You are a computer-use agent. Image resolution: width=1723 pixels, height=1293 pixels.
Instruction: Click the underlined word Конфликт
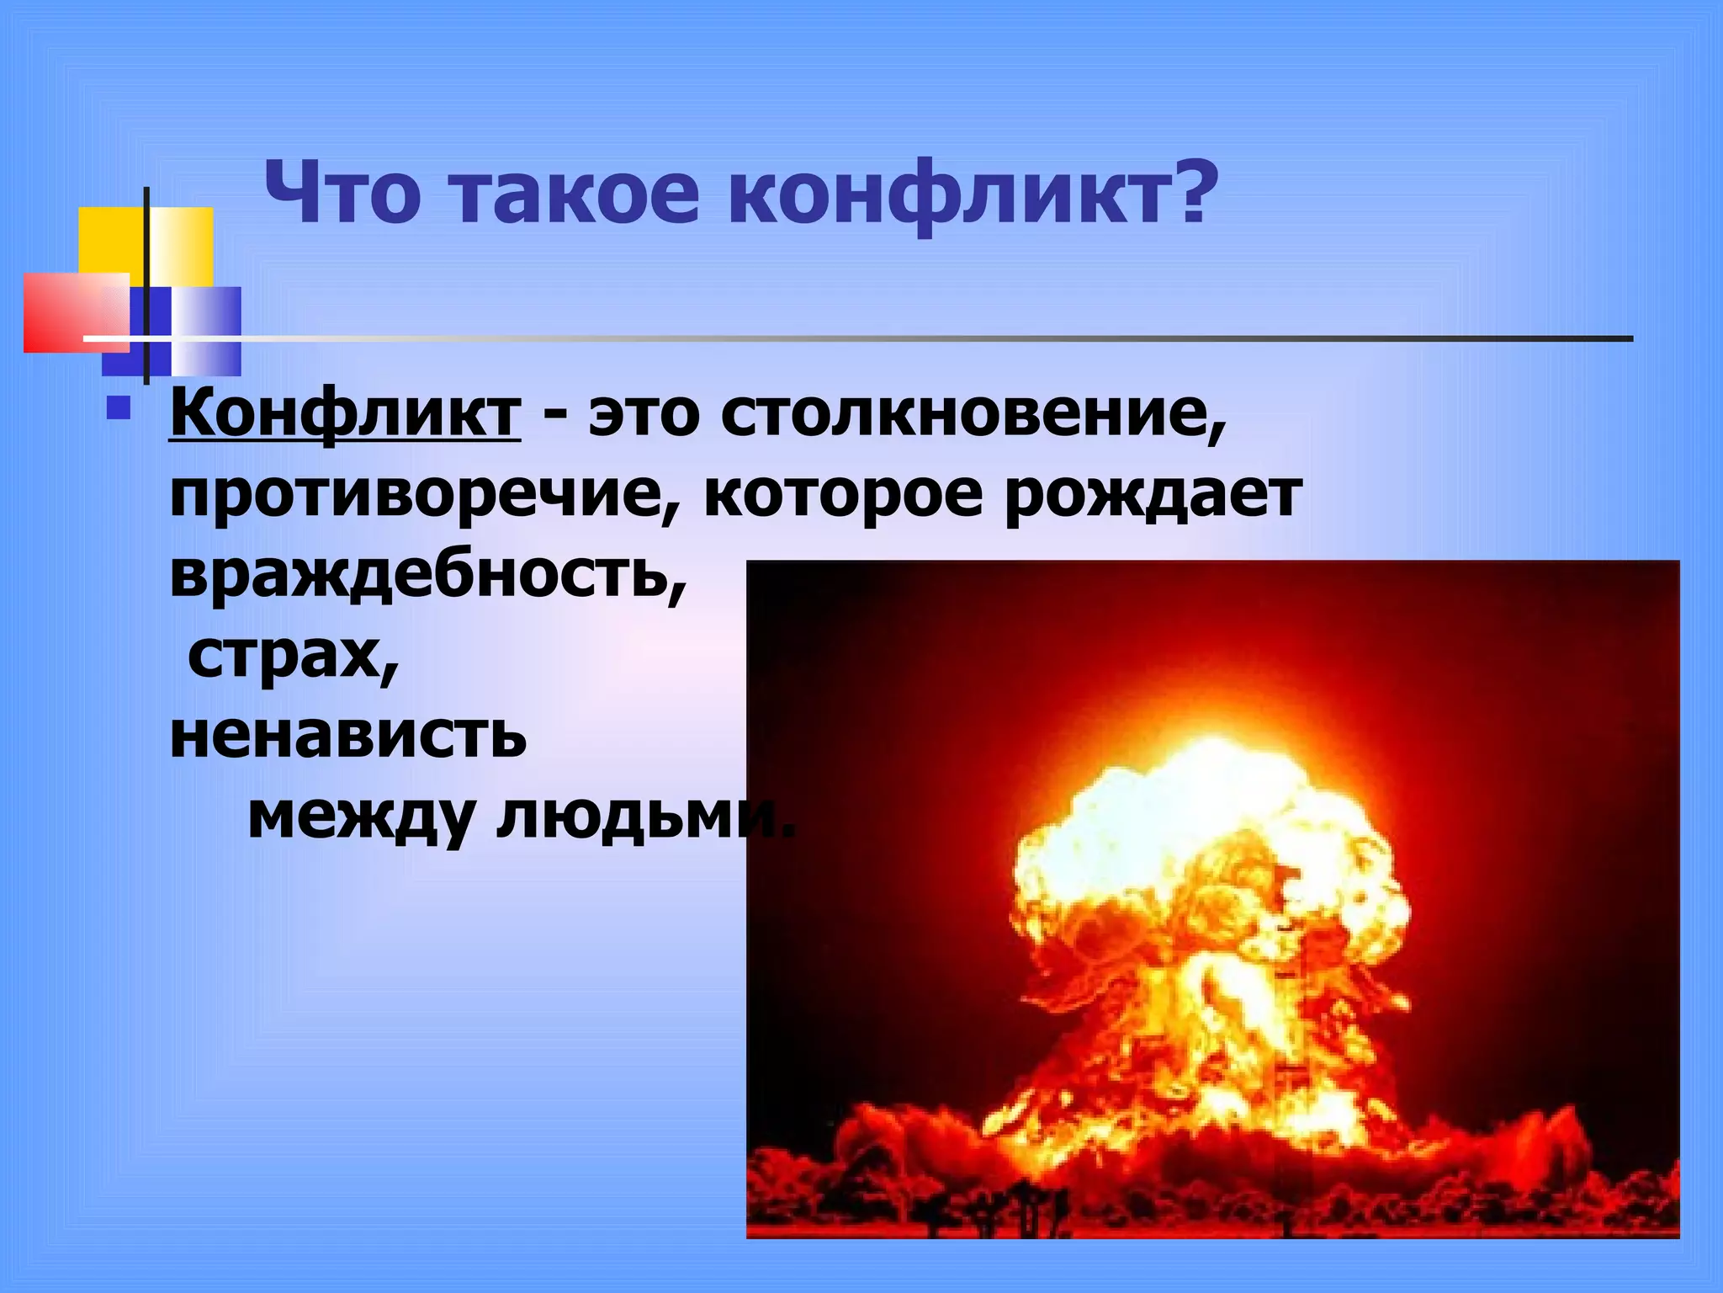(345, 414)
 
